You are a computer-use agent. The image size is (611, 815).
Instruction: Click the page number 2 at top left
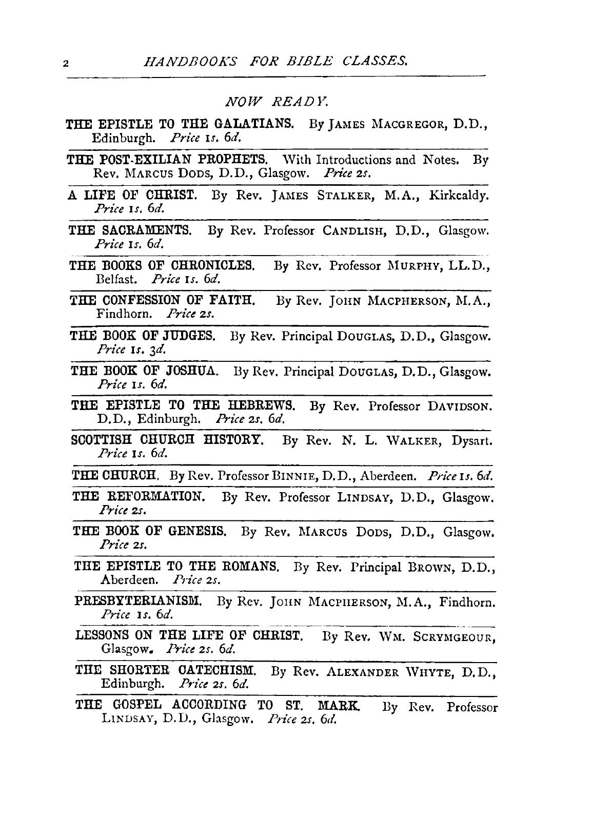pyautogui.click(x=65, y=64)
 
